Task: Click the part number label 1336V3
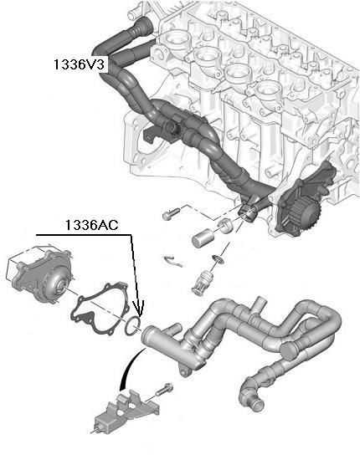coord(79,64)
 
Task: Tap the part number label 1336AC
coord(92,225)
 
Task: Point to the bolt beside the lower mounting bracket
coord(163,389)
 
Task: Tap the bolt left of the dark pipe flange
coord(172,213)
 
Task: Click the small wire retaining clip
coord(174,261)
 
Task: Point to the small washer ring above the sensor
coord(219,259)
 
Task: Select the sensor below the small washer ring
coord(201,282)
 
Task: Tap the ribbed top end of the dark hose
coord(141,27)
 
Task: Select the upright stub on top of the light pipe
coord(258,305)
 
